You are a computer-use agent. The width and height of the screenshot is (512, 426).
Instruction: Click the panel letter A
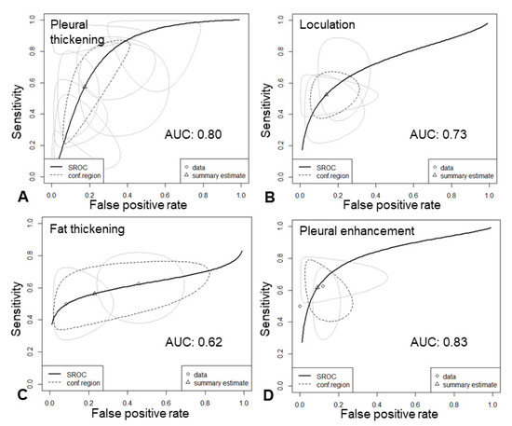tap(9, 197)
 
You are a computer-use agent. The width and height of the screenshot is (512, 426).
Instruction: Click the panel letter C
tap(9, 408)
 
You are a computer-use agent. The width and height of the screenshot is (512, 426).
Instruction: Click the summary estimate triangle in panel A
tap(85, 87)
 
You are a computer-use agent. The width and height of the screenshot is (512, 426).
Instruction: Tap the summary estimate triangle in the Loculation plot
tap(326, 94)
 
